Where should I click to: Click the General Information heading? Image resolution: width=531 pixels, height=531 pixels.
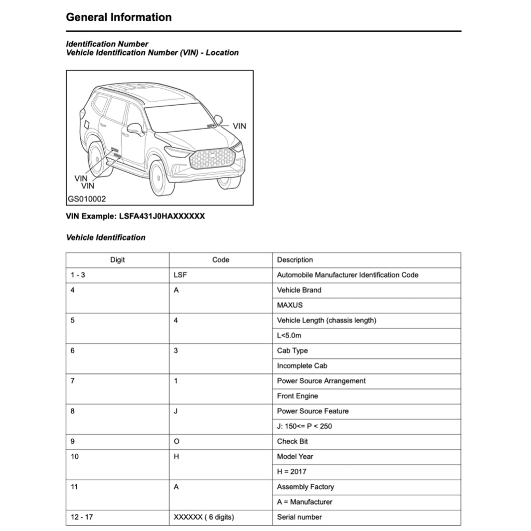(x=119, y=17)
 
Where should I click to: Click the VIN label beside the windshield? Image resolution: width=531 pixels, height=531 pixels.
(x=239, y=126)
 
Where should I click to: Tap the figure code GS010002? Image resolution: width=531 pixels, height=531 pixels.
(x=87, y=199)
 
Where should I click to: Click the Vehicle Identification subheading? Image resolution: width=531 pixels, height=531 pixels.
(x=106, y=237)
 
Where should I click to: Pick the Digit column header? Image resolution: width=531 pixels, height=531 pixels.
(x=117, y=260)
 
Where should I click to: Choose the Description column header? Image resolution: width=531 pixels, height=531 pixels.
(x=295, y=260)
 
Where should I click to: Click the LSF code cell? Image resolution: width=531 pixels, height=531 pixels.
(x=180, y=275)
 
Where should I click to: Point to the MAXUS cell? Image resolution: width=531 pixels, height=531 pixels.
(x=289, y=305)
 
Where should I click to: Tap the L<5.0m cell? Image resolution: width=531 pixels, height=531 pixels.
(x=289, y=336)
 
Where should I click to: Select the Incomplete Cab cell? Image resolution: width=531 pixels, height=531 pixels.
(x=302, y=366)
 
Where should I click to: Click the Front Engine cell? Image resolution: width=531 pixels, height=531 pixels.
(x=297, y=396)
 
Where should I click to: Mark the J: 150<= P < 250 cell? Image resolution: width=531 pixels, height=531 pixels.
(x=304, y=426)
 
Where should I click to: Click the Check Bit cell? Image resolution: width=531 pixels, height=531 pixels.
(x=292, y=441)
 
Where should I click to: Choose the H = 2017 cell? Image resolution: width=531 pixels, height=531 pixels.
(x=291, y=471)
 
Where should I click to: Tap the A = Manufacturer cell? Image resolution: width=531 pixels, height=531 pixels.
(x=304, y=501)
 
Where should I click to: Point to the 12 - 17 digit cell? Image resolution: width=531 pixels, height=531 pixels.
(x=81, y=517)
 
